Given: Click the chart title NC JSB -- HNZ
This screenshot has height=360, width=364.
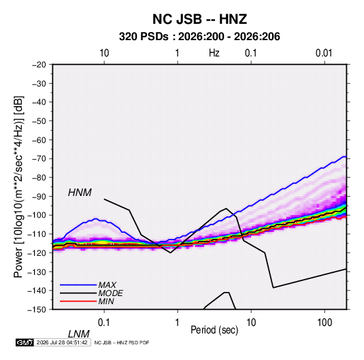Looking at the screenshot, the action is click(199, 19).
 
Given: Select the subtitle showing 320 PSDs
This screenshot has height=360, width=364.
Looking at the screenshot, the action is click(199, 37).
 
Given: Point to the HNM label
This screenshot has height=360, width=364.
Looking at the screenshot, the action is click(80, 193).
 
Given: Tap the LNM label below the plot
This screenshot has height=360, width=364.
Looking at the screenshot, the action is click(78, 334).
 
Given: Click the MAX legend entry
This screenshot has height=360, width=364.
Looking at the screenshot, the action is click(107, 284).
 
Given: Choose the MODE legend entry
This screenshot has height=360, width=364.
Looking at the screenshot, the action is click(110, 293).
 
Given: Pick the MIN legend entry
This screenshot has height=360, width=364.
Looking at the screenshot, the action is click(106, 301).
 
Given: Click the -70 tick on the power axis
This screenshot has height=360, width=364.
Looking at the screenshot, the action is click(39, 159).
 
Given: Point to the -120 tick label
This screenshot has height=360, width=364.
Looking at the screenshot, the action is click(37, 253).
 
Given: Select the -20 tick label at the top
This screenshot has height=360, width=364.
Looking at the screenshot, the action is click(39, 65).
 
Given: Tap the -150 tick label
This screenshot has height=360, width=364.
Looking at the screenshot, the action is click(37, 310).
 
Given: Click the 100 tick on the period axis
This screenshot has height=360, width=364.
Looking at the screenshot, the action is click(325, 323).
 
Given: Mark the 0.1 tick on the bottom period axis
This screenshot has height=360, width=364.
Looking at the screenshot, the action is click(104, 323).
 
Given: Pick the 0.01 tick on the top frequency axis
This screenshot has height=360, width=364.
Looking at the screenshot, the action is click(324, 53).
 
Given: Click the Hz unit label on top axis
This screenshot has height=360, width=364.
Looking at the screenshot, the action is click(214, 53).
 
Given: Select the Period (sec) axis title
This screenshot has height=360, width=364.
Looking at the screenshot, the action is click(214, 330).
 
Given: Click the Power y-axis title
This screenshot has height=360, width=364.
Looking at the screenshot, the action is click(18, 187).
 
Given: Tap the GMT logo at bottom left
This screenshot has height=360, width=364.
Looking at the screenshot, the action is click(25, 342).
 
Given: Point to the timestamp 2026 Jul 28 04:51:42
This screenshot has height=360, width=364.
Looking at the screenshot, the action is click(62, 342).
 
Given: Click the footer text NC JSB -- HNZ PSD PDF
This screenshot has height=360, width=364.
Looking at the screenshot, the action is click(122, 342).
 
